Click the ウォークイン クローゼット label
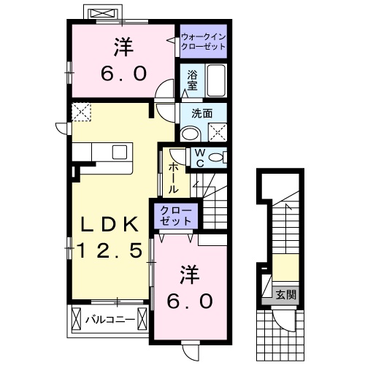[x=202, y=40]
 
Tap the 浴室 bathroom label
[x=192, y=80]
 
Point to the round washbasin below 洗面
[x=190, y=133]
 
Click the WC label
[x=199, y=158]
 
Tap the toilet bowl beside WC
[x=218, y=157]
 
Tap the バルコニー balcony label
[x=107, y=318]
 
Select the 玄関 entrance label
[x=285, y=295]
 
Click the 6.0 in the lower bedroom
[x=193, y=300]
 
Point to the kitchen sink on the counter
[x=119, y=152]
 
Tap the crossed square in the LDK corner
[x=80, y=112]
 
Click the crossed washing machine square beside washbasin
[x=217, y=132]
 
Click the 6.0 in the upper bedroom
[x=124, y=73]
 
